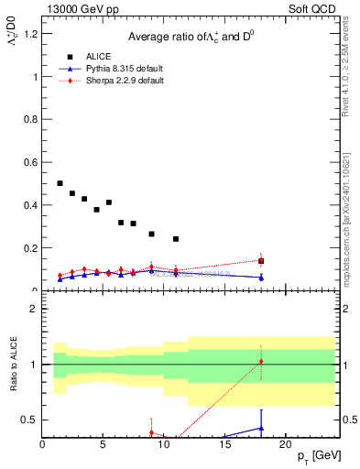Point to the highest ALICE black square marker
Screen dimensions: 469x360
pyautogui.click(x=60, y=183)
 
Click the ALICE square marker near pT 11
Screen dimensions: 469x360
pyautogui.click(x=176, y=239)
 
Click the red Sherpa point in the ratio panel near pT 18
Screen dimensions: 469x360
pyautogui.click(x=261, y=361)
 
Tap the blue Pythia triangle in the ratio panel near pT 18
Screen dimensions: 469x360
pyautogui.click(x=261, y=428)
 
